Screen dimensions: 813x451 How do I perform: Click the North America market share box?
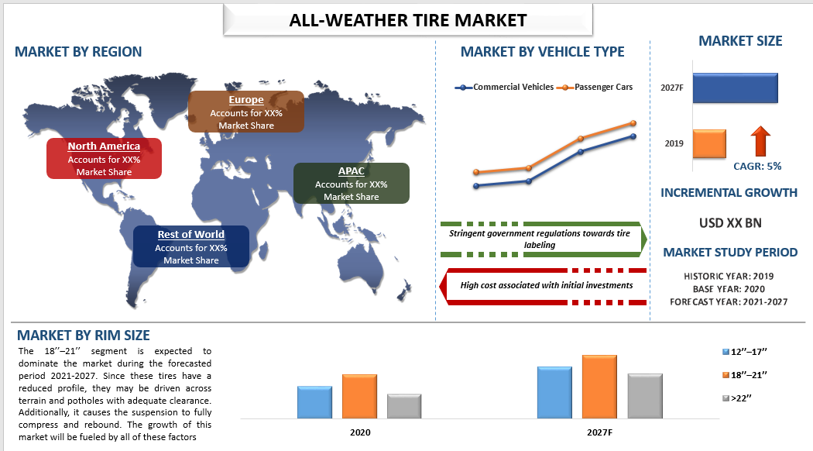pyautogui.click(x=104, y=158)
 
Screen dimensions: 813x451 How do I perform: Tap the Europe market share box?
pyautogui.click(x=245, y=112)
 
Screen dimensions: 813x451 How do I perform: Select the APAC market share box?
pyautogui.click(x=351, y=183)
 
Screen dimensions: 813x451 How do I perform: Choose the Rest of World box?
pyautogui.click(x=190, y=246)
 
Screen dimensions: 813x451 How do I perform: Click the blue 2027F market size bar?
pyautogui.click(x=736, y=88)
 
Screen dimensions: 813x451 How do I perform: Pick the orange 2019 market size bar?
pyautogui.click(x=709, y=144)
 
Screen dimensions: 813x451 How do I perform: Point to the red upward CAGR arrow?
pyautogui.click(x=760, y=141)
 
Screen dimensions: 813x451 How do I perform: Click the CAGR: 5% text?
pyautogui.click(x=757, y=166)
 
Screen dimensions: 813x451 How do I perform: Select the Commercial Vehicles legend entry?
pyautogui.click(x=504, y=88)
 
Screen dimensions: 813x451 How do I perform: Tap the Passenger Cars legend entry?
pyautogui.click(x=595, y=88)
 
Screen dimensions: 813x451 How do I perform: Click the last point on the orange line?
pyautogui.click(x=633, y=123)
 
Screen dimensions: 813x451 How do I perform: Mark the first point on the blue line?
pyautogui.click(x=476, y=186)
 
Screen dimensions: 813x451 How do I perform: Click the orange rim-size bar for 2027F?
pyautogui.click(x=599, y=387)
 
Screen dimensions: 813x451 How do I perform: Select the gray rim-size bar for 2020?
pyautogui.click(x=404, y=406)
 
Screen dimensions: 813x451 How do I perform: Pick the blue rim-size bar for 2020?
pyautogui.click(x=314, y=402)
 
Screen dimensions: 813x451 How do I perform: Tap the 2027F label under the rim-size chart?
pyautogui.click(x=599, y=432)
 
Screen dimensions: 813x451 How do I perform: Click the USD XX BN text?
pyautogui.click(x=730, y=223)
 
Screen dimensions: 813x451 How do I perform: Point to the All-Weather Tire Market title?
pyautogui.click(x=408, y=20)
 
